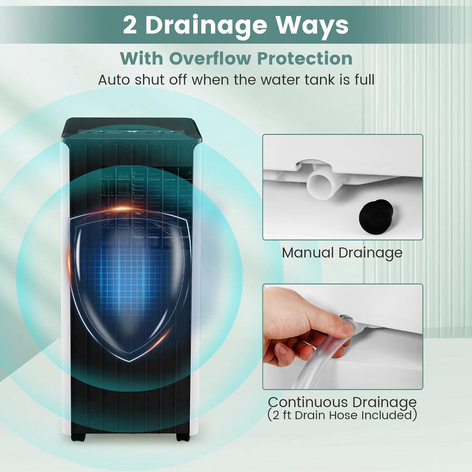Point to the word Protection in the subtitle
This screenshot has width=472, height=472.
pos(304,58)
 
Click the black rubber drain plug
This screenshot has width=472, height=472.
pos(375,216)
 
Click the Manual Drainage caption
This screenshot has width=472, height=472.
pos(342,253)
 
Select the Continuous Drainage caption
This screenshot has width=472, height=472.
pos(342,402)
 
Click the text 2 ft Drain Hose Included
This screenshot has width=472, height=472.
pos(342,415)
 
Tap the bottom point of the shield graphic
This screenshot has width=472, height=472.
pos(130,361)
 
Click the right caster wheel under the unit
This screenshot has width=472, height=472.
pos(183,438)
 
